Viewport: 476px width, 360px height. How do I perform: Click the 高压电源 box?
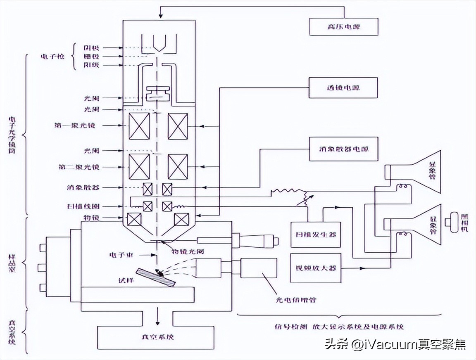pyautogui.click(x=343, y=27)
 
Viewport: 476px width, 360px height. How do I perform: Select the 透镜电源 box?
pyautogui.click(x=343, y=88)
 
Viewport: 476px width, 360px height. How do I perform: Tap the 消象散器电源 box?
pyautogui.click(x=343, y=148)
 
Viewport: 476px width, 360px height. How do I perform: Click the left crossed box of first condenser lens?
pyautogui.click(x=139, y=126)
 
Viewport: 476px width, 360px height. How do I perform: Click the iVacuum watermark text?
pyautogui.click(x=395, y=344)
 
